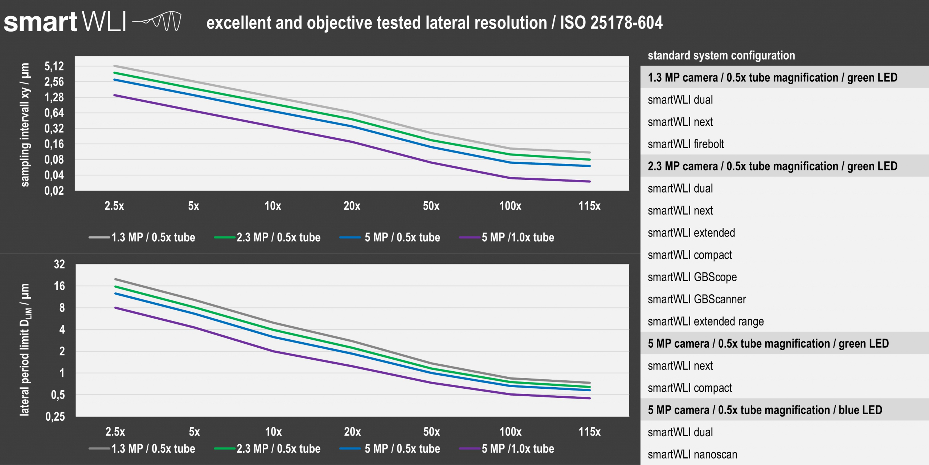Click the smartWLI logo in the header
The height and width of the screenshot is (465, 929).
point(93,22)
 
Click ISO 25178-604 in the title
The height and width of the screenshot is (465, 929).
point(611,23)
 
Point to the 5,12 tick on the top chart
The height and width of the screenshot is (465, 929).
point(54,66)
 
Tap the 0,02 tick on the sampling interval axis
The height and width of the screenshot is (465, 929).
point(54,191)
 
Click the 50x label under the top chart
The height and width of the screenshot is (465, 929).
point(431,206)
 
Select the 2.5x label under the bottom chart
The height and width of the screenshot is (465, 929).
point(115,432)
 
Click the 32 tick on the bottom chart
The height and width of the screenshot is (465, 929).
point(60,264)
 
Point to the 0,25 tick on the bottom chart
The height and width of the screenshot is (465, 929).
point(55,416)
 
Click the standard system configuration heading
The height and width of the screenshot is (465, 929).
point(721,56)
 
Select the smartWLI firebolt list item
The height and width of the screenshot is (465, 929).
point(686,144)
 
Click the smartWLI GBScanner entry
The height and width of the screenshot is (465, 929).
point(697,299)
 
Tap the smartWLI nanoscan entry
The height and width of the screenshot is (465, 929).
point(692,454)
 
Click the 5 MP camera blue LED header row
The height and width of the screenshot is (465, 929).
point(765,410)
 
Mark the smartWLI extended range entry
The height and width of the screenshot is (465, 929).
point(705,322)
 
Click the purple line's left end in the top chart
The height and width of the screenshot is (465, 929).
point(115,95)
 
